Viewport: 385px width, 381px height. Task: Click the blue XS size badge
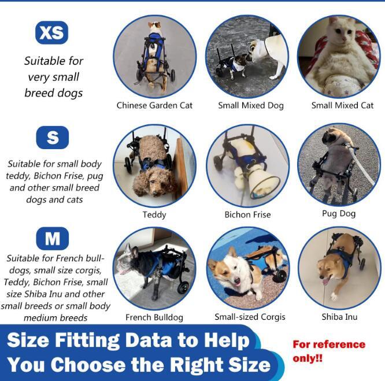pos(51,32)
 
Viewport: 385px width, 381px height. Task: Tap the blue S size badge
pos(52,138)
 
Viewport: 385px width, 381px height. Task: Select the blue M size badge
pos(52,238)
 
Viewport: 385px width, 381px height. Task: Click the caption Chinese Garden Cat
pos(154,105)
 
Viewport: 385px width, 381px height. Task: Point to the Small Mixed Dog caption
pos(251,106)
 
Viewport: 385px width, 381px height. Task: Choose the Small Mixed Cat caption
pos(343,105)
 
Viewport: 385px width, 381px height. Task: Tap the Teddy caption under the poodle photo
pos(154,215)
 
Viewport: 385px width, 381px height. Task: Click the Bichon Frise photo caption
pos(248,214)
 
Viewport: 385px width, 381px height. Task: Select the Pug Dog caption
pos(339,213)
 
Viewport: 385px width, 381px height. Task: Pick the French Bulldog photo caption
pos(154,317)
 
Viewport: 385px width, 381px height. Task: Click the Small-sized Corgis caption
pos(250,317)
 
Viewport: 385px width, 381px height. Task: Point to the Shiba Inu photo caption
pos(339,317)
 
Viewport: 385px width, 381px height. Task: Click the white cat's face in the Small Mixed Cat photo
pos(343,30)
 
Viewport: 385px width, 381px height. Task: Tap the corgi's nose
pos(236,280)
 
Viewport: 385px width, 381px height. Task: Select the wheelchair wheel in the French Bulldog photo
pos(183,287)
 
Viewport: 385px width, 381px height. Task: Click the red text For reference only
pos(329,352)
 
